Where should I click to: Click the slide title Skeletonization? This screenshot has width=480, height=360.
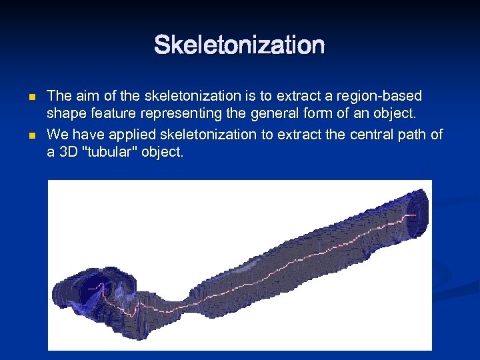coord(239,46)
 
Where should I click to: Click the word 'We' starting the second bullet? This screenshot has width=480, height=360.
coord(58,134)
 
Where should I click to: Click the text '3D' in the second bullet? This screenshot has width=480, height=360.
coord(69,151)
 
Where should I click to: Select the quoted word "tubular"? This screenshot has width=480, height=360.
coord(117,151)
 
